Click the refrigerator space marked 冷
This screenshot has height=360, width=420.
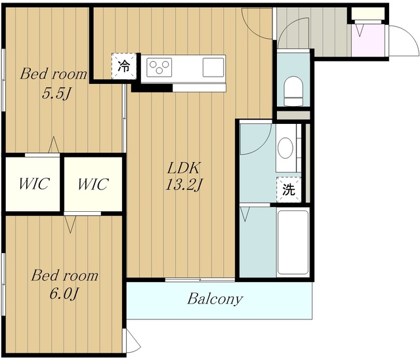[x=124, y=66]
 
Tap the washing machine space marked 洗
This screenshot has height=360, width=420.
[x=289, y=190]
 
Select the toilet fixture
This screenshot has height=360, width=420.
[x=293, y=91]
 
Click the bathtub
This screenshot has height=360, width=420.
[x=293, y=243]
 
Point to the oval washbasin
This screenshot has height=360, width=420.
[x=285, y=148]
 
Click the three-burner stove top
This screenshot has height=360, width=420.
[x=159, y=67]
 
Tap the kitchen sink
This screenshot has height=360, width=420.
[x=213, y=67]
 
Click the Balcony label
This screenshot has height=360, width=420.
[x=215, y=299]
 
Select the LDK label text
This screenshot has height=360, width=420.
[x=184, y=168]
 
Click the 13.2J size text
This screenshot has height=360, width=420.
[x=184, y=185]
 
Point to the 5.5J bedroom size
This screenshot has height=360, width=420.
[x=57, y=94]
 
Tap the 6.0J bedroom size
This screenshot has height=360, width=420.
[x=64, y=294]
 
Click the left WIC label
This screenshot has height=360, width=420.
[x=34, y=184]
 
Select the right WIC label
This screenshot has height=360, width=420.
[x=93, y=184]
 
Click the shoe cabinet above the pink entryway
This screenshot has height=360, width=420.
[x=367, y=14]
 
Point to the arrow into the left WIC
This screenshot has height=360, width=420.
[x=54, y=145]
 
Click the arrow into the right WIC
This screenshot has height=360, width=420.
[x=70, y=224]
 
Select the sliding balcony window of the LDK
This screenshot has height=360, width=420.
[x=199, y=280]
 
